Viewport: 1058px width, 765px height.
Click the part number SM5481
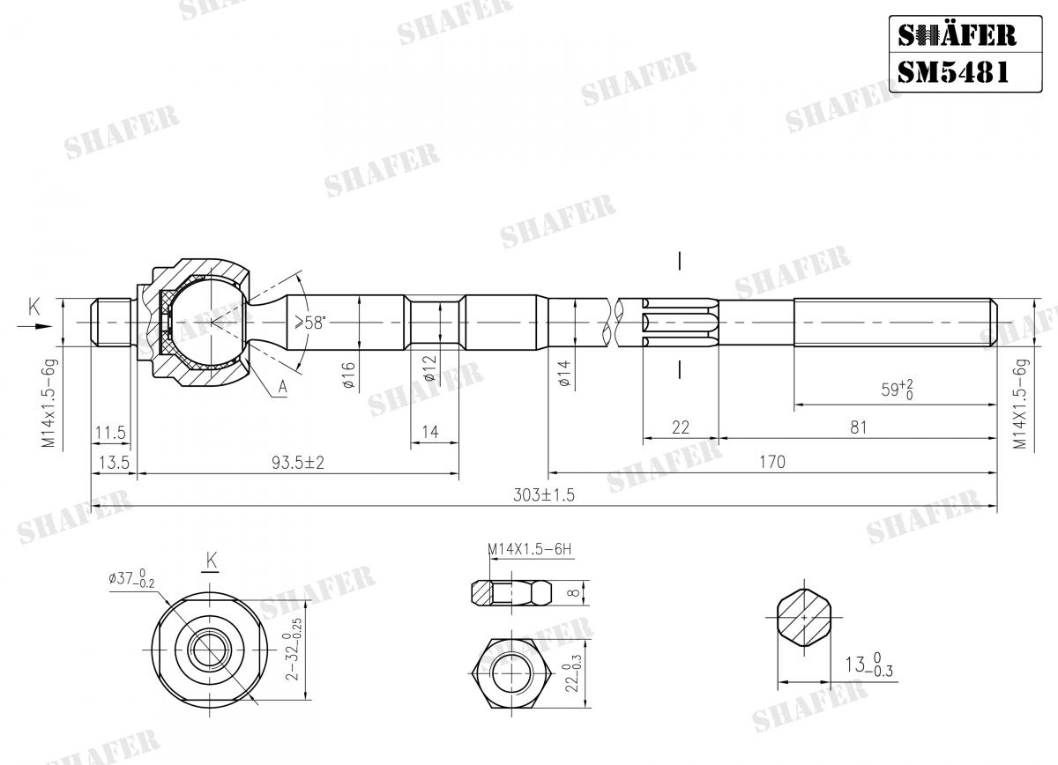[x=953, y=72]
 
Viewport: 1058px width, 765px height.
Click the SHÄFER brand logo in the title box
[x=957, y=35]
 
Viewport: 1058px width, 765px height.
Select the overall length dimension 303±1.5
[x=544, y=495]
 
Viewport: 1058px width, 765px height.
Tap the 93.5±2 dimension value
[x=298, y=463]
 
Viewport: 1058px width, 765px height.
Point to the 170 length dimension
[x=772, y=461]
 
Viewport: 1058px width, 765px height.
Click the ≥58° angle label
[x=309, y=323]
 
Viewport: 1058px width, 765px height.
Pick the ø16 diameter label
[x=348, y=375]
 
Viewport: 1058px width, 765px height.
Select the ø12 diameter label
[x=429, y=368]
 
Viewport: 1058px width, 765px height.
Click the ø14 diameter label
[x=564, y=373]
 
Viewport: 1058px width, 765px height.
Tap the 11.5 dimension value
[x=110, y=432]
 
